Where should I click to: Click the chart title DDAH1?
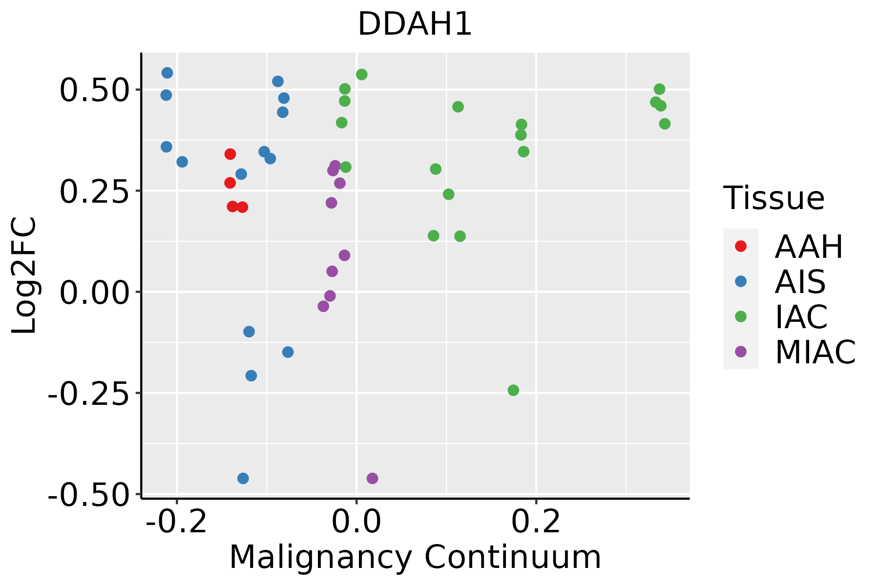click(415, 24)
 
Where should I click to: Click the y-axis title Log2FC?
click(24, 275)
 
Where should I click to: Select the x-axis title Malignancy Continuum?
click(415, 557)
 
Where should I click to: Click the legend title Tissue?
click(774, 198)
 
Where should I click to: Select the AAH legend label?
click(809, 247)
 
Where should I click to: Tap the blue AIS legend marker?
click(740, 281)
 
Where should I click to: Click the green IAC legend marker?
click(740, 316)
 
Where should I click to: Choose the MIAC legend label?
click(815, 352)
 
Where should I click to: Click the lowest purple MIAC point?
click(372, 478)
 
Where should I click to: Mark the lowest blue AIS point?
click(243, 478)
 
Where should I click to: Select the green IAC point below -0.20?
click(513, 390)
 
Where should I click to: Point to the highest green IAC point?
click(362, 75)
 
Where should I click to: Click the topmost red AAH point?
click(230, 154)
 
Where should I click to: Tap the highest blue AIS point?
click(167, 73)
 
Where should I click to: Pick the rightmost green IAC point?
click(665, 124)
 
